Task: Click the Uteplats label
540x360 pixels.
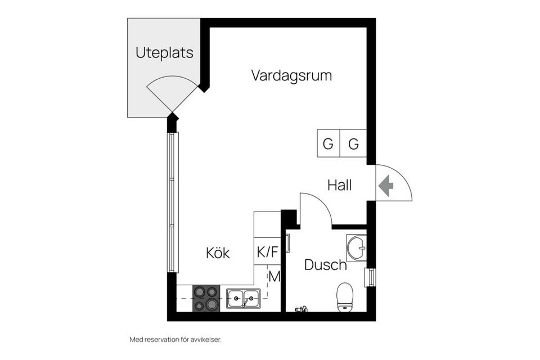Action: pyautogui.click(x=164, y=53)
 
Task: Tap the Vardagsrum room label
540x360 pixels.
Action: pyautogui.click(x=291, y=75)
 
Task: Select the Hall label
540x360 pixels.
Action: pyautogui.click(x=340, y=185)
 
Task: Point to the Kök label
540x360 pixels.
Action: pyautogui.click(x=218, y=253)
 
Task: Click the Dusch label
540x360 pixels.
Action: pyautogui.click(x=325, y=264)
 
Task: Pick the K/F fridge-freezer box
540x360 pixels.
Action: pyautogui.click(x=267, y=251)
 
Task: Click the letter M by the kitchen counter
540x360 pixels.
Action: pyautogui.click(x=274, y=276)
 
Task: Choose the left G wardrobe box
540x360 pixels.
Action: pyautogui.click(x=328, y=144)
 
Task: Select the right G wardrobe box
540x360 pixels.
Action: pyautogui.click(x=353, y=144)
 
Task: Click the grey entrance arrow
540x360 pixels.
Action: pyautogui.click(x=386, y=186)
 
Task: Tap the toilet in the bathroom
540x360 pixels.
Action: pyautogui.click(x=344, y=297)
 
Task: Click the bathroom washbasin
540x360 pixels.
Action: pyautogui.click(x=356, y=248)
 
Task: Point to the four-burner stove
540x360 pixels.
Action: pyautogui.click(x=206, y=298)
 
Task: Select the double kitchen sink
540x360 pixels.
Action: pyautogui.click(x=244, y=298)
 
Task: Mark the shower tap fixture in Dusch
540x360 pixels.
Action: pyautogui.click(x=301, y=308)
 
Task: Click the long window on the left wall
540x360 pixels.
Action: pyautogui.click(x=173, y=202)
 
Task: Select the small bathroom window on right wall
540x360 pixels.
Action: pyautogui.click(x=370, y=277)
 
